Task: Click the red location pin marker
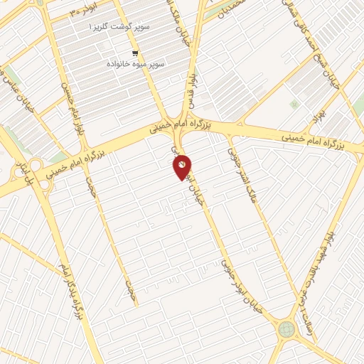click(x=183, y=167)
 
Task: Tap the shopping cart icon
click(x=134, y=53)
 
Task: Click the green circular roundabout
click(x=287, y=329)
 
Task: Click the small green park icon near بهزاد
click(x=294, y=105)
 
